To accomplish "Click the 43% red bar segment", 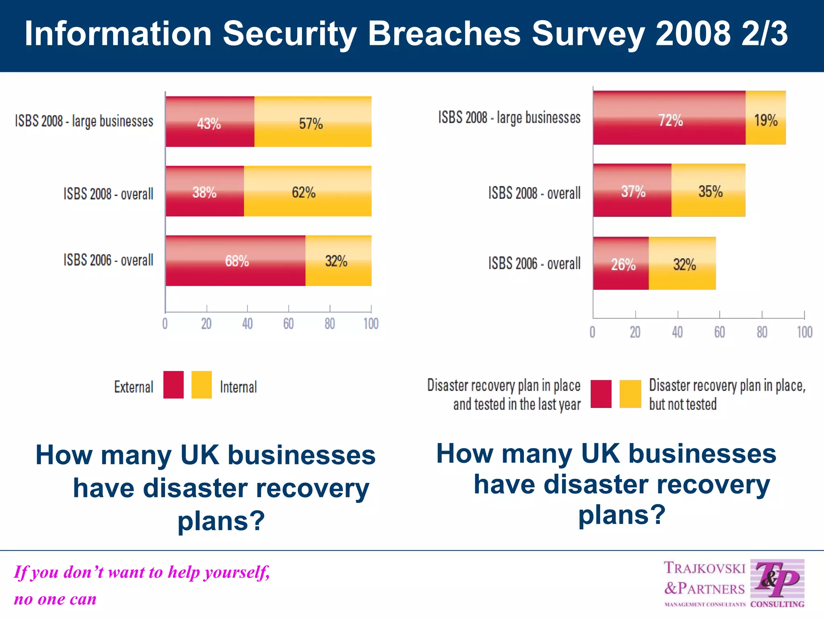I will (x=210, y=122).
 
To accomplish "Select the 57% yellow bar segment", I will (x=313, y=122).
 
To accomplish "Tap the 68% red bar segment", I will (x=235, y=261).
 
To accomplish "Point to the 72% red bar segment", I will (x=669, y=118).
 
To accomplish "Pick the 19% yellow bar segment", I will (x=765, y=118).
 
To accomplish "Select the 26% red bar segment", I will (x=620, y=264).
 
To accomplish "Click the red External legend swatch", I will (x=173, y=385).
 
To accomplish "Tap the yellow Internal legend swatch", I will (x=201, y=385).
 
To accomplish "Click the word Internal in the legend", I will (x=238, y=387).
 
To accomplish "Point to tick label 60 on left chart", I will (x=288, y=324).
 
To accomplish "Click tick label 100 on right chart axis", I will (x=804, y=332).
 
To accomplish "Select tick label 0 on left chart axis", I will (x=165, y=324).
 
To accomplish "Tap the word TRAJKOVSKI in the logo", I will (x=705, y=568).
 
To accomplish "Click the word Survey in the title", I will (x=588, y=34).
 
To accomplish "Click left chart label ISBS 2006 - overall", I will (x=108, y=260).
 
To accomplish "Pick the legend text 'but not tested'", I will (x=683, y=404).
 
